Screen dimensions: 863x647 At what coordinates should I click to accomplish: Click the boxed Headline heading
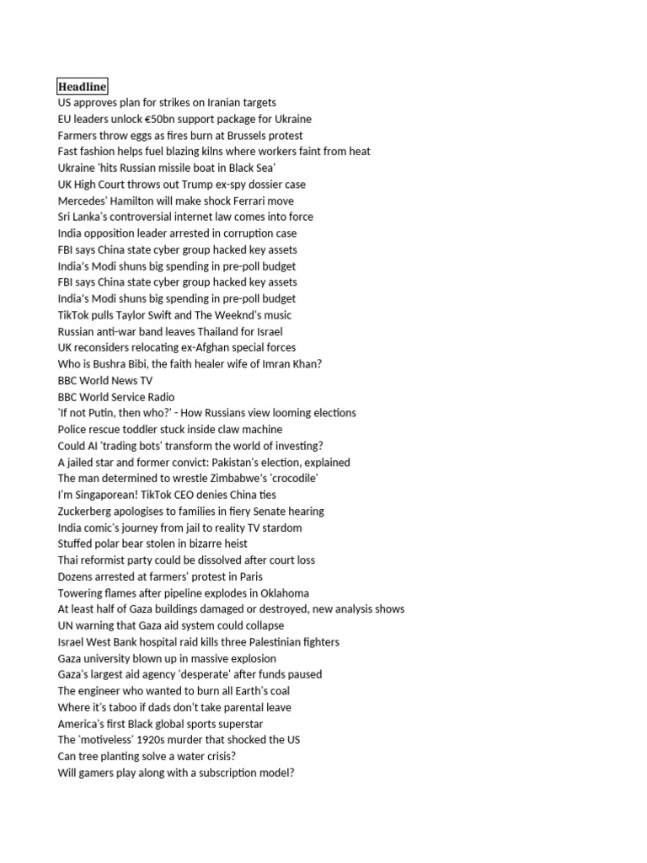pyautogui.click(x=82, y=87)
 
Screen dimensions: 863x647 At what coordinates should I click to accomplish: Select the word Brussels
pyautogui.click(x=244, y=136)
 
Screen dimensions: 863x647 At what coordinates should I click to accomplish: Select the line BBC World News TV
pyautogui.click(x=105, y=380)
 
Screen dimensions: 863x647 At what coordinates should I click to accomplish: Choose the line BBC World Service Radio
pyautogui.click(x=116, y=397)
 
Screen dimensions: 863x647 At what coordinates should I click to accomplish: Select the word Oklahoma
pyautogui.click(x=283, y=593)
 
